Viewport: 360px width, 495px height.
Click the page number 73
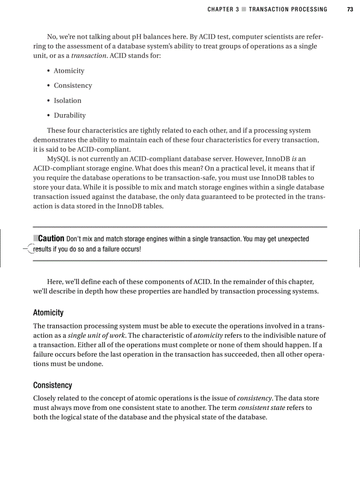coord(350,9)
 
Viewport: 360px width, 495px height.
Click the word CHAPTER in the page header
coord(220,9)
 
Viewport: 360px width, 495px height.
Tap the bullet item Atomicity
coord(69,71)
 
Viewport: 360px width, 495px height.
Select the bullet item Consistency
coord(73,86)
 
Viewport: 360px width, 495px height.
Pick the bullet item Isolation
coord(67,100)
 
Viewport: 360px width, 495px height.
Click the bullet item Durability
coord(70,115)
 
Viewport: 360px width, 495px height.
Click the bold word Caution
coord(51,239)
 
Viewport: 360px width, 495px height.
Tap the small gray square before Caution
coord(36,238)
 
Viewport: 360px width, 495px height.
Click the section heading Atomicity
coord(48,313)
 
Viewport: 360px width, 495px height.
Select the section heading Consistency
coord(52,385)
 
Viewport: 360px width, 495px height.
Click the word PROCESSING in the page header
coord(308,9)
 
